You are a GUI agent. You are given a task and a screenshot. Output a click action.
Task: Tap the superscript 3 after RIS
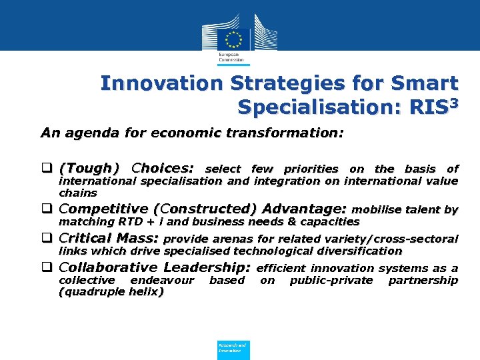pos(453,101)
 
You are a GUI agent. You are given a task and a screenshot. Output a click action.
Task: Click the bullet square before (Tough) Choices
pos(47,168)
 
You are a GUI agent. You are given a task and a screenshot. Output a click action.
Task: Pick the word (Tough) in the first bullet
pos(89,168)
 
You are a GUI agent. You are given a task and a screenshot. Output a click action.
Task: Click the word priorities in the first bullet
pos(311,169)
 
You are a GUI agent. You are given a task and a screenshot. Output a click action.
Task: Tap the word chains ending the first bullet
pos(78,193)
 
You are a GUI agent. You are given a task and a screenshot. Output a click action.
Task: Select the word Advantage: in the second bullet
pos(307,209)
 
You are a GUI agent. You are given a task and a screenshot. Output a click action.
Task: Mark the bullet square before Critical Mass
pos(47,239)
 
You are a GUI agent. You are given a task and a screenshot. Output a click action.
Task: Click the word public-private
pos(331,281)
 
